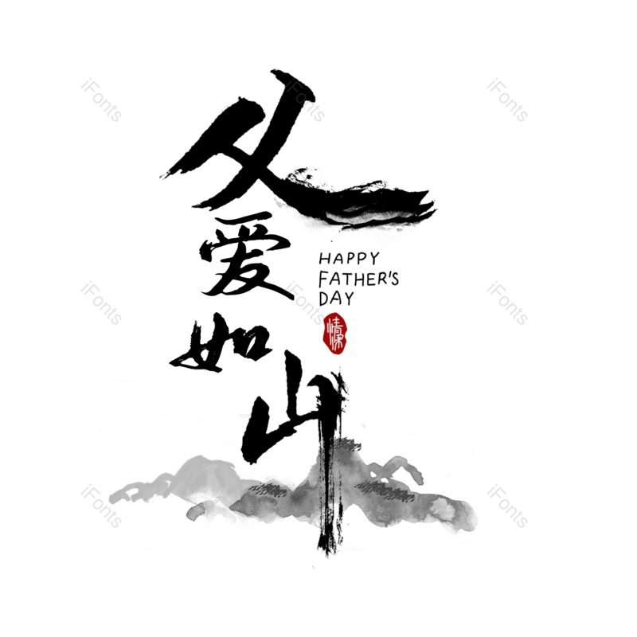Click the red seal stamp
coord(336,333)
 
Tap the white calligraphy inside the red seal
coord(337,334)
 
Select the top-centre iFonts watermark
coord(304,100)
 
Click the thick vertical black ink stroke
coord(326,494)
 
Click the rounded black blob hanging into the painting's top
coord(256,442)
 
